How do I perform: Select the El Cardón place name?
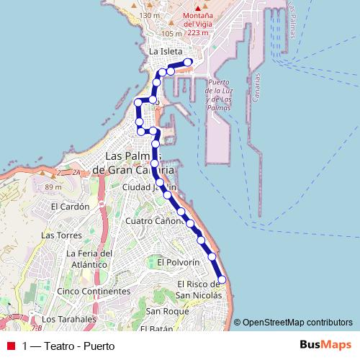(70, 206)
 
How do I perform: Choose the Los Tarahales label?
(68, 319)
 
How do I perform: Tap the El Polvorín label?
(176, 261)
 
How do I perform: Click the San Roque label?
(166, 311)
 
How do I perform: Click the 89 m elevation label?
(53, 187)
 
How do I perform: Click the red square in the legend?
(10, 346)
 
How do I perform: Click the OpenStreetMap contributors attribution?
(297, 323)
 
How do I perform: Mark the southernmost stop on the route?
(222, 279)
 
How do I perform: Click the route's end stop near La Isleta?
(189, 63)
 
